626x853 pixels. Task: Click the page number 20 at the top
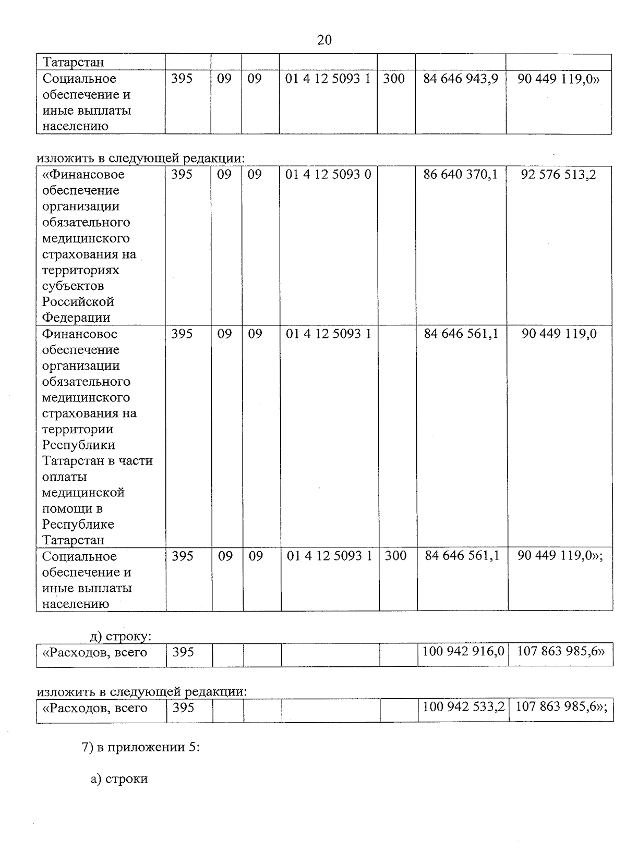click(324, 40)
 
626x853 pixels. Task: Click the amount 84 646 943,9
click(461, 79)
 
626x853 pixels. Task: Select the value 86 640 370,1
click(461, 174)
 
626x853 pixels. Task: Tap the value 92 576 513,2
click(558, 174)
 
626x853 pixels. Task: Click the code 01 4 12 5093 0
click(328, 174)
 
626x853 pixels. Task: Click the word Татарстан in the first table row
click(74, 62)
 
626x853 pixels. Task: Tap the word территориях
click(80, 270)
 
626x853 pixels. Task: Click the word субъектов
click(73, 286)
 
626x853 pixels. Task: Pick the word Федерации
click(76, 318)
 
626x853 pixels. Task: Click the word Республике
click(78, 525)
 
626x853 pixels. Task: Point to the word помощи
click(72, 508)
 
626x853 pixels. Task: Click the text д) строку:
click(121, 637)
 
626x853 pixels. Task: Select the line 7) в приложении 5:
click(141, 747)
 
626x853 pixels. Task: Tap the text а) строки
click(119, 779)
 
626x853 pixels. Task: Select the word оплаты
click(65, 477)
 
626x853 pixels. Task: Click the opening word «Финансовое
click(83, 174)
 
